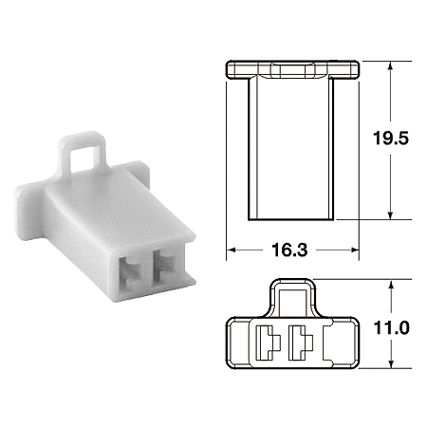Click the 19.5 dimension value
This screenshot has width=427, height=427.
coord(389,138)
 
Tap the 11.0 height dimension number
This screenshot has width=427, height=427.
coord(391,328)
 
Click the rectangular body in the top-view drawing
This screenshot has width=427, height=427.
coord(292,147)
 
